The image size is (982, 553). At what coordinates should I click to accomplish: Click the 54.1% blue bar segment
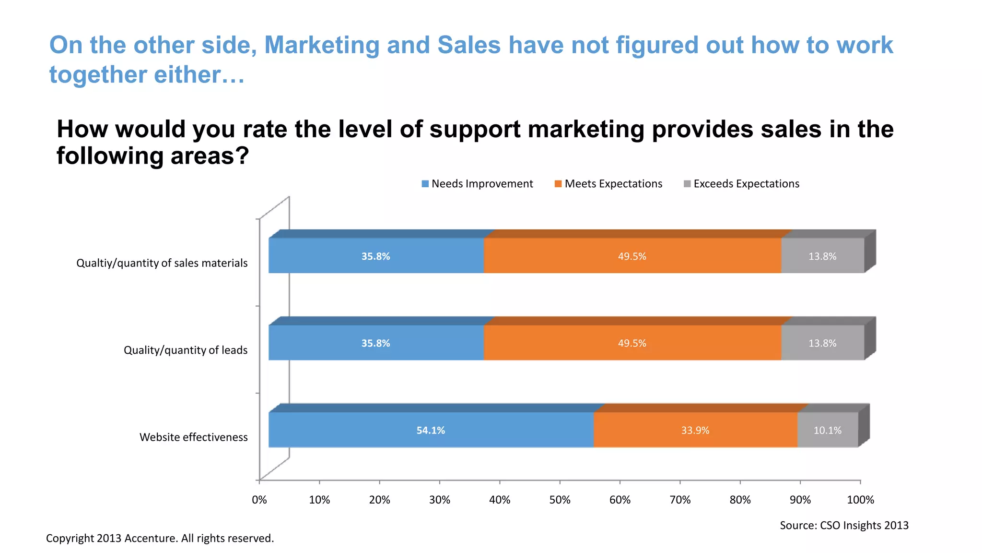431,430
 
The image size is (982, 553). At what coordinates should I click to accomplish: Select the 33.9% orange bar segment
695,430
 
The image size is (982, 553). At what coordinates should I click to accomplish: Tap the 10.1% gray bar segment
827,430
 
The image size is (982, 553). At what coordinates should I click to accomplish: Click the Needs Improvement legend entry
477,184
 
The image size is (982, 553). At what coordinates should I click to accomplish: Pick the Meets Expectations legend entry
608,184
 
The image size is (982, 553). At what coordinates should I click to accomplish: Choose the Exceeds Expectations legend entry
741,184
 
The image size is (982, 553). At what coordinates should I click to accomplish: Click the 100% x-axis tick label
860,500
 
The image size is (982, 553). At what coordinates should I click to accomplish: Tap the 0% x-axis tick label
259,500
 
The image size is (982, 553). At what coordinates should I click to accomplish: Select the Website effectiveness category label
193,437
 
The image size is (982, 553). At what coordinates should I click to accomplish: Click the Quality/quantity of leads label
186,350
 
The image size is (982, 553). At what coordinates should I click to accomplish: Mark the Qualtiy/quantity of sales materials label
162,263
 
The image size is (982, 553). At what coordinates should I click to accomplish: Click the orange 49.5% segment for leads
632,343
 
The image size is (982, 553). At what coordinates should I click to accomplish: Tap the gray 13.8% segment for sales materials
822,256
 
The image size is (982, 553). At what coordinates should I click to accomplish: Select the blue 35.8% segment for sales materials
375,256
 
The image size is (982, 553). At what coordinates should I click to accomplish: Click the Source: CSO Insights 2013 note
844,525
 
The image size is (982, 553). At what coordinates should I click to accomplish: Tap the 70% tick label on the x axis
680,500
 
